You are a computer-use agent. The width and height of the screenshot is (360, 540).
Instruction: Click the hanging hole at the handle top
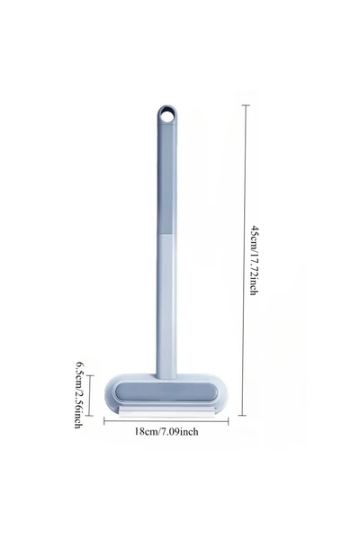pos(167,115)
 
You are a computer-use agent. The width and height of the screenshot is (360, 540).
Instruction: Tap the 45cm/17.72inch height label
pos(254,260)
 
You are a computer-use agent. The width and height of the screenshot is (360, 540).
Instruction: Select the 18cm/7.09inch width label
pos(166,431)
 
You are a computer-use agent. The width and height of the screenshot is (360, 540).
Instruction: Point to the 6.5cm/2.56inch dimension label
pos(78,394)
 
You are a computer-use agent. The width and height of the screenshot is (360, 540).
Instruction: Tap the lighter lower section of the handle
pos(166,307)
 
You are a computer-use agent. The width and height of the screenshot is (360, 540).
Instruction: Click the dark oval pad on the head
pos(166,391)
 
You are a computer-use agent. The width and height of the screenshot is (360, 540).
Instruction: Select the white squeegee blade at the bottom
pos(166,412)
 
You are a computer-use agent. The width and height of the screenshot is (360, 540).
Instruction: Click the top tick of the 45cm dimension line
pos(246,105)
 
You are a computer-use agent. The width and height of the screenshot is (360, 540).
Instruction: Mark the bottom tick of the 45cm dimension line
pos(242,415)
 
